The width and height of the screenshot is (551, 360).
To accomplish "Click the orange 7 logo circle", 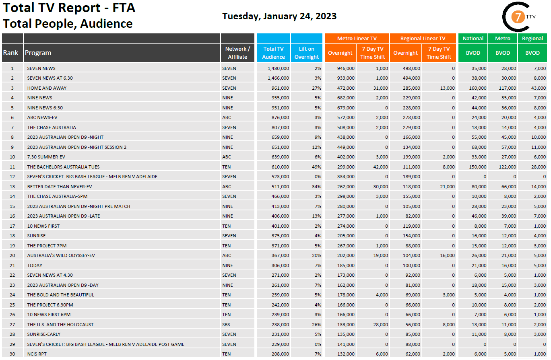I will tap(516, 17).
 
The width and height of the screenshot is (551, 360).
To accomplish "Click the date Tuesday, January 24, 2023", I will tap(279, 16).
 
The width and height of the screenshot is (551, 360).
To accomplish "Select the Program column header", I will tap(38, 53).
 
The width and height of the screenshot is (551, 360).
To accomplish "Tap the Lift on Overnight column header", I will tap(307, 53).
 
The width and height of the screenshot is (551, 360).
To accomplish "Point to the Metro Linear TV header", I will tap(357, 39).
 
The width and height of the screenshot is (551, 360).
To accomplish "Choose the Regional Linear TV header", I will tap(423, 39).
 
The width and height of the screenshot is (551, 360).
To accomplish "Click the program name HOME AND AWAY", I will tap(47, 88).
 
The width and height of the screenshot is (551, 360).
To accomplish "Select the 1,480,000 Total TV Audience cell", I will tap(278, 68).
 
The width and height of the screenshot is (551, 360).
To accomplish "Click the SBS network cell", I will tap(226, 325).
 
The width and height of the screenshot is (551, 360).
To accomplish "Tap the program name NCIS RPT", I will tap(37, 354).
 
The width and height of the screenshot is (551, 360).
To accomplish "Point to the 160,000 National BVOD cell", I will tap(478, 88).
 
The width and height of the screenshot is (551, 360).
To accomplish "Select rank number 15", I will tap(12, 206).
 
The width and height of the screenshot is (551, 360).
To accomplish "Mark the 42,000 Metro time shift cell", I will tap(380, 167).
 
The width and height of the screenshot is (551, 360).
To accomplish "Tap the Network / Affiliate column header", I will tap(238, 53).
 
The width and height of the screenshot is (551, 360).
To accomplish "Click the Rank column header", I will tap(11, 53).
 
